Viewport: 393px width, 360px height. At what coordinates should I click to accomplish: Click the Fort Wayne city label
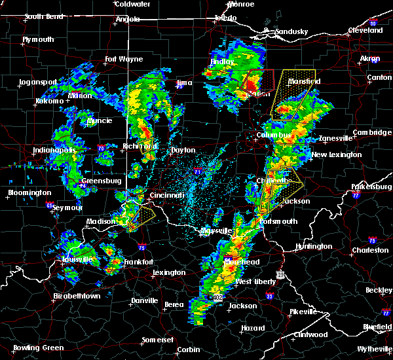point(124,60)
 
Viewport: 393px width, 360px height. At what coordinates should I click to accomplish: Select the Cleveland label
point(365,30)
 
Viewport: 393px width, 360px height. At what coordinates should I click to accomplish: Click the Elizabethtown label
point(77,296)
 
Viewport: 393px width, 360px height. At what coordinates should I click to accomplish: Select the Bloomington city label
point(29,193)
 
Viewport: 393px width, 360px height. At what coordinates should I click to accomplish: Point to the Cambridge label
point(371,133)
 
